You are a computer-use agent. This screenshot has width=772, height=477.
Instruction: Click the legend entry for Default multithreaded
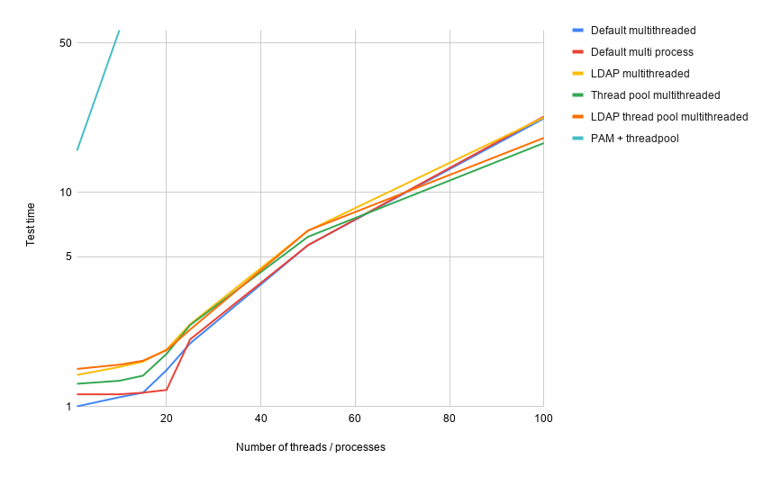point(642,31)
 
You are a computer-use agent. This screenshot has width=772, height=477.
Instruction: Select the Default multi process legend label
point(641,52)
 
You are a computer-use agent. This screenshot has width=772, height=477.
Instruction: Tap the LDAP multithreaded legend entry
point(640,74)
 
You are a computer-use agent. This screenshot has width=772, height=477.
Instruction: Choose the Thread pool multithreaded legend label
point(655,95)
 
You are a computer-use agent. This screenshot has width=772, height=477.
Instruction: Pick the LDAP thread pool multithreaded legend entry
point(668,117)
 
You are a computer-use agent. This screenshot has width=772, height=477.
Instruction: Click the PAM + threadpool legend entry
point(634,139)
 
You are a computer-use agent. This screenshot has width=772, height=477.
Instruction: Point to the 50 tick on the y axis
point(66,42)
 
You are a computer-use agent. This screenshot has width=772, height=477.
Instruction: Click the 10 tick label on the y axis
point(66,192)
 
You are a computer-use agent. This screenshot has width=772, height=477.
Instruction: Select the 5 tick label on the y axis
point(68,256)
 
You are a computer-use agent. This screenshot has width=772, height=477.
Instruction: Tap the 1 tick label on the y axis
point(68,407)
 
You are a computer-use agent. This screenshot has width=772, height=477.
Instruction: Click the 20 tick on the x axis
point(167,418)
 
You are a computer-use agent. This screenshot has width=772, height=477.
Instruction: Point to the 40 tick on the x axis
point(260,418)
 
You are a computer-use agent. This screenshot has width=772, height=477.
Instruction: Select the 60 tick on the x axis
point(355,418)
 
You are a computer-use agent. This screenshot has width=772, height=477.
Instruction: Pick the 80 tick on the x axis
point(449,418)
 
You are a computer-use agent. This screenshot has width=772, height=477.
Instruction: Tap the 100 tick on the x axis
point(542,418)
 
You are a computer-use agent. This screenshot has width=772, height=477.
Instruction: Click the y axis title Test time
point(31,225)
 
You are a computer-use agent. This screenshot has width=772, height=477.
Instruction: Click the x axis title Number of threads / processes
point(310,447)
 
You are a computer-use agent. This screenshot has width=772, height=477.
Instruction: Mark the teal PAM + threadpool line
point(97,90)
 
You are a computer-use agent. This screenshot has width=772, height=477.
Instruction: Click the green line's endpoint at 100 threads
point(542,143)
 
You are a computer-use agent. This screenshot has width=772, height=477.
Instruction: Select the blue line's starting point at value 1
point(77,406)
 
